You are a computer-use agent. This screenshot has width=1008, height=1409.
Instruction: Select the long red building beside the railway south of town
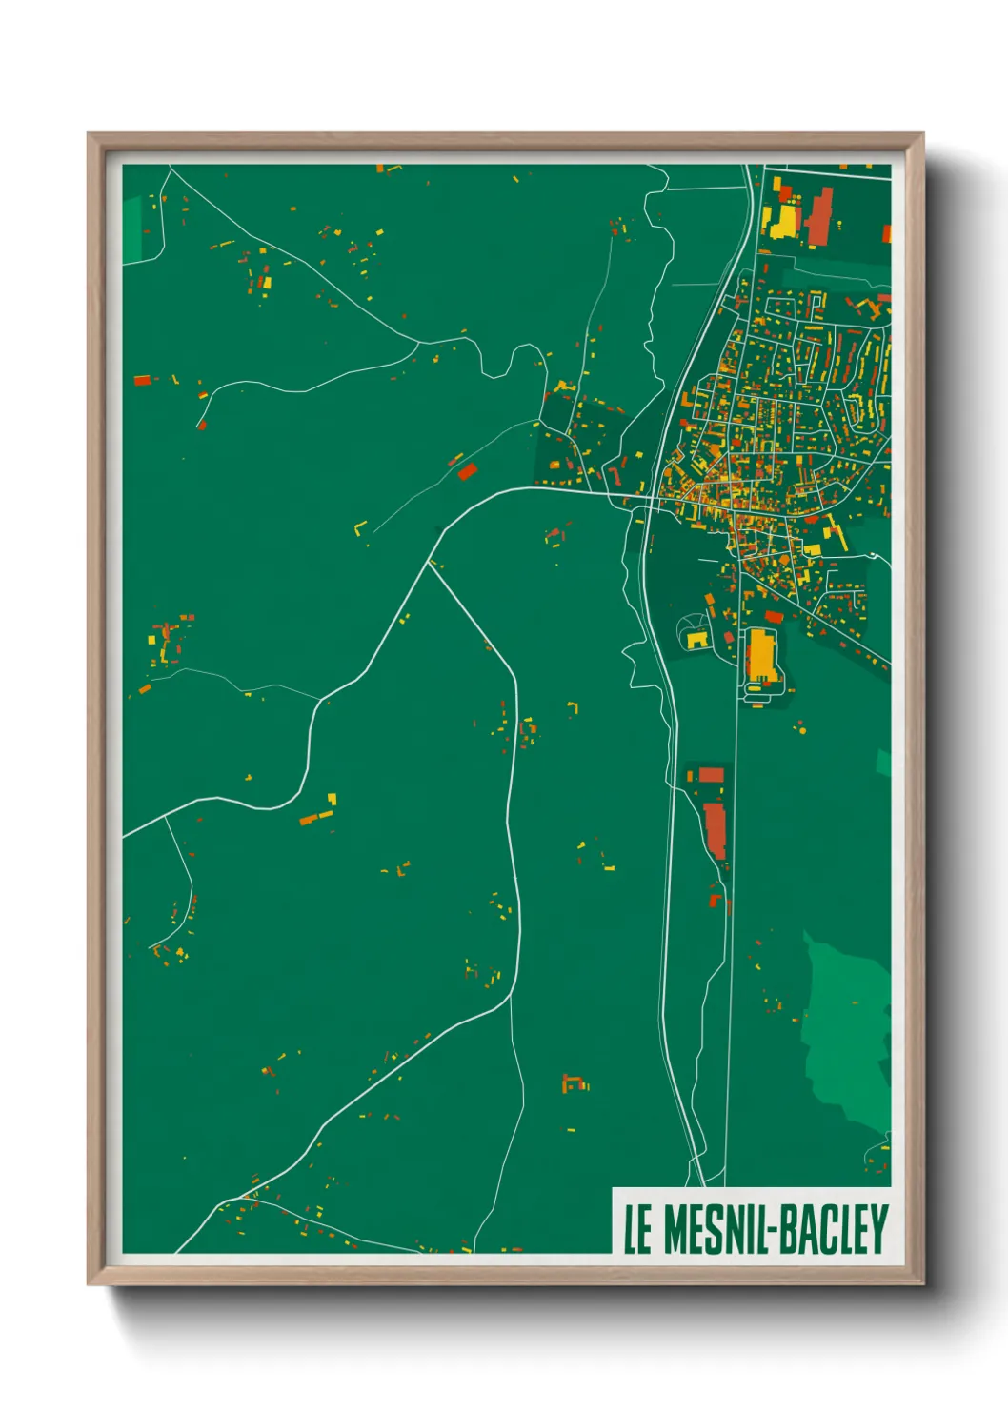[x=715, y=828]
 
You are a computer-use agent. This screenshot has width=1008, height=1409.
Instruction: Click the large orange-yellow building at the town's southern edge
[x=761, y=655]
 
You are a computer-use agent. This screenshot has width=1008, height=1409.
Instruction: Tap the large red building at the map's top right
[x=819, y=217]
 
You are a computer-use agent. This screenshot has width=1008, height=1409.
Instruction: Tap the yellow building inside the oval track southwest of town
[x=697, y=639]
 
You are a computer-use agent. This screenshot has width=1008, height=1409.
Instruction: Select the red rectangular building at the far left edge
[x=142, y=380]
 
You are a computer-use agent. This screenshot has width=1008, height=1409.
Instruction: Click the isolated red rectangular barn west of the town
[x=467, y=471]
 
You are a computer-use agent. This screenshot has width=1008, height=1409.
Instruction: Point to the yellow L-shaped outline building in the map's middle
[x=361, y=528]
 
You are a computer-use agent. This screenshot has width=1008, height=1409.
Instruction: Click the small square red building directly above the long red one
[x=711, y=775]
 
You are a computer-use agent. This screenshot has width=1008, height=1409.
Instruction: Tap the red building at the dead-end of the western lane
[x=201, y=424]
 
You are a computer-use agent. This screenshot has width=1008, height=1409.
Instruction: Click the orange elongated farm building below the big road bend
[x=314, y=817]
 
